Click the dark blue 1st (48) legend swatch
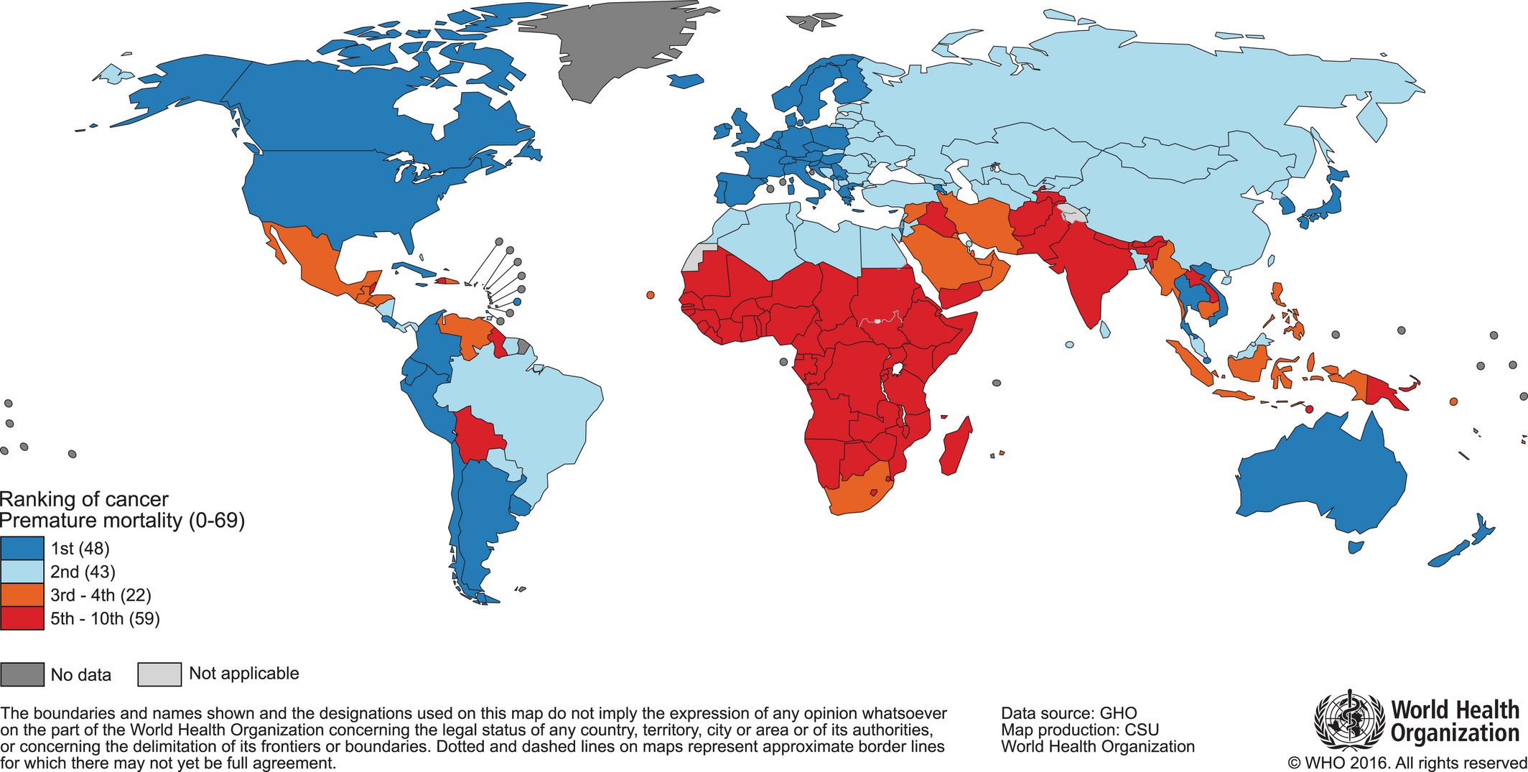22,549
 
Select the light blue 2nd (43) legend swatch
22,572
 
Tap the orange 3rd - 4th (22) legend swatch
22,595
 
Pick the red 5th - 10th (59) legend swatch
22,618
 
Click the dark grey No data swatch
22,674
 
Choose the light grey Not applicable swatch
159,674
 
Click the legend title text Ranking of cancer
84,499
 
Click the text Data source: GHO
1069,713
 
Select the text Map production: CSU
1080,730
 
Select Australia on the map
1321,481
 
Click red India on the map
1084,273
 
